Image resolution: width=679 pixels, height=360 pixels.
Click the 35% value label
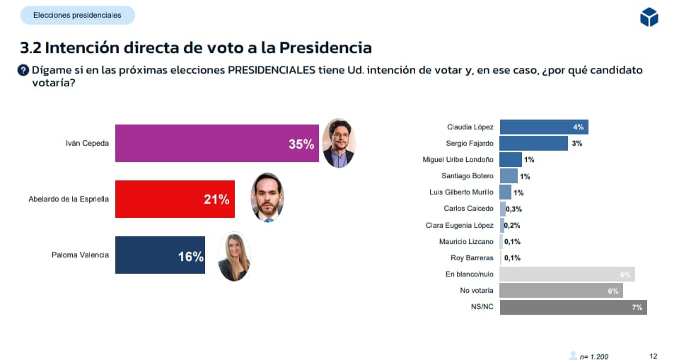coord(301,144)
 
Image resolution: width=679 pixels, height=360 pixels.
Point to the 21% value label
coord(216,199)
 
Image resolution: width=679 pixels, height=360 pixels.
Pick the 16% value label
coord(191,256)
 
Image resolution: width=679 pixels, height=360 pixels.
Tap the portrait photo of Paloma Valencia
coord(233,257)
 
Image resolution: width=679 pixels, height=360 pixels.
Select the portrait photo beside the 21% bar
coord(267,198)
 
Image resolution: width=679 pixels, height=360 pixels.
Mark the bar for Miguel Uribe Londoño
coord(511,160)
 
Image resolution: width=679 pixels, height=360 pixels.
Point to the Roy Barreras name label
coord(472,258)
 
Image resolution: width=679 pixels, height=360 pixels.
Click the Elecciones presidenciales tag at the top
coord(77,15)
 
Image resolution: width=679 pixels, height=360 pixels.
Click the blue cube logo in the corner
coord(649,18)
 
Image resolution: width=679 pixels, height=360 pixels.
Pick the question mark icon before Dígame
coord(23,70)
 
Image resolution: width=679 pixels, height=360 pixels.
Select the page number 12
coord(654,356)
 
